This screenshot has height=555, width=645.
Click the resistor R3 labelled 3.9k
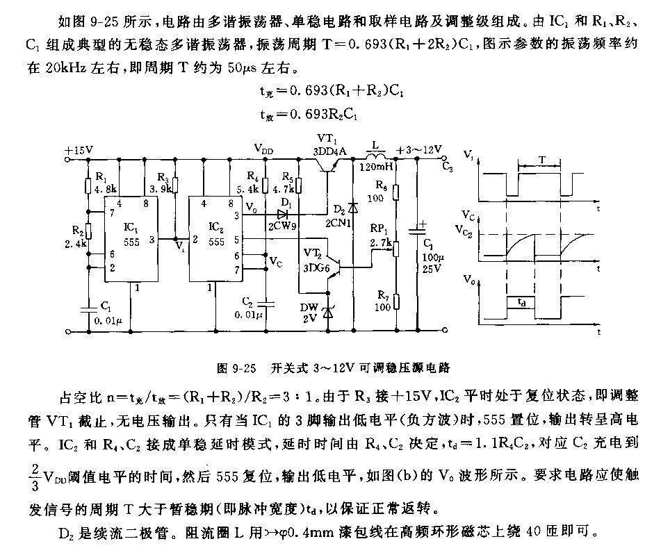tap(175, 184)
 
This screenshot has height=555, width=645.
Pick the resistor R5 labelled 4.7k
tap(299, 184)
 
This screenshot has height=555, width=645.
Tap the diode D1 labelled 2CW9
tap(282, 213)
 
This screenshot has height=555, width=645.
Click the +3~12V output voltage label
tap(418, 149)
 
